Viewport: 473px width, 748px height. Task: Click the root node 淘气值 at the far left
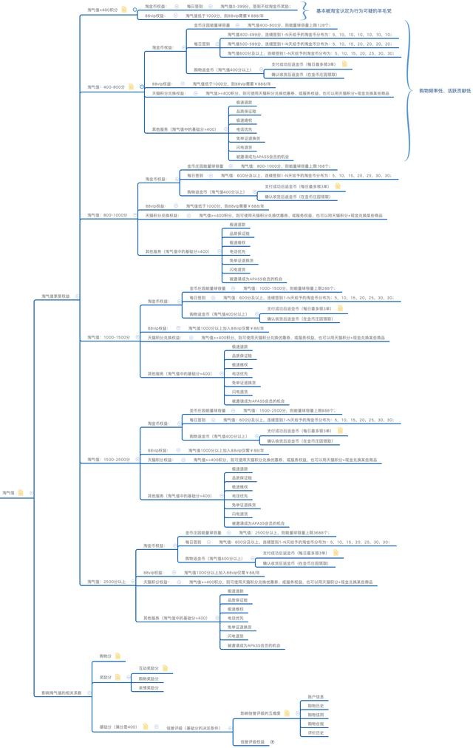[x=9, y=492]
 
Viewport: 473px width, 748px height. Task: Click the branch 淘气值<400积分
[x=102, y=10]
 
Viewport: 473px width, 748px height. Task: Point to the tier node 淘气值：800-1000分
[x=108, y=214]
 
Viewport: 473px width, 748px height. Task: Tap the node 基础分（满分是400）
[x=118, y=727]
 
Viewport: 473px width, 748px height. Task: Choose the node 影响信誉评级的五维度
[x=261, y=713]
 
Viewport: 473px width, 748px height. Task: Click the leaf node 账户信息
[x=316, y=696]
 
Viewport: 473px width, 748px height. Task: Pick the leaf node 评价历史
[x=316, y=733]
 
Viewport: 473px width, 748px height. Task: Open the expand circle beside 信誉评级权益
[x=273, y=741]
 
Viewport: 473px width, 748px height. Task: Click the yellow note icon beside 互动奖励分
[x=165, y=667]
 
